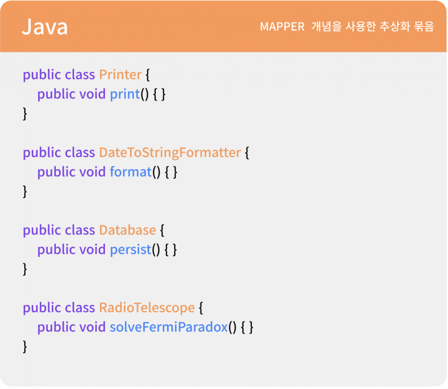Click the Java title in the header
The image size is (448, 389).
point(45,27)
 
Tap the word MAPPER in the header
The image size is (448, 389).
point(282,27)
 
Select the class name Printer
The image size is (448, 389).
point(120,75)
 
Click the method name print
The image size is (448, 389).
point(125,94)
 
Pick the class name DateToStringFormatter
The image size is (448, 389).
point(170,153)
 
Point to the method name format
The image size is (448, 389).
point(130,172)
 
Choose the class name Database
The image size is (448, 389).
point(127,230)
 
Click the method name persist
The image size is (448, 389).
point(130,249)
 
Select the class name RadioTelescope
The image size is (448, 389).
point(147,308)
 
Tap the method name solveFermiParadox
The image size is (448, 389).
point(169,327)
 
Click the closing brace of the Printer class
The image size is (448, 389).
point(25,114)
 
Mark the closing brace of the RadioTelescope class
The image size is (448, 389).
point(25,347)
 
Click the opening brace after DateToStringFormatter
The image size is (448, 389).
point(247,153)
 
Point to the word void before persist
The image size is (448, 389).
point(92,249)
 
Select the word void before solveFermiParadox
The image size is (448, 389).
point(92,327)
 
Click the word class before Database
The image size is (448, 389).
point(80,230)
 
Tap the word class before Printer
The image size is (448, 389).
point(80,75)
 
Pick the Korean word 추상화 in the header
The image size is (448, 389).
point(395,26)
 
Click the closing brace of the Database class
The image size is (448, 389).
point(25,269)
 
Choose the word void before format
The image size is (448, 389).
point(92,172)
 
